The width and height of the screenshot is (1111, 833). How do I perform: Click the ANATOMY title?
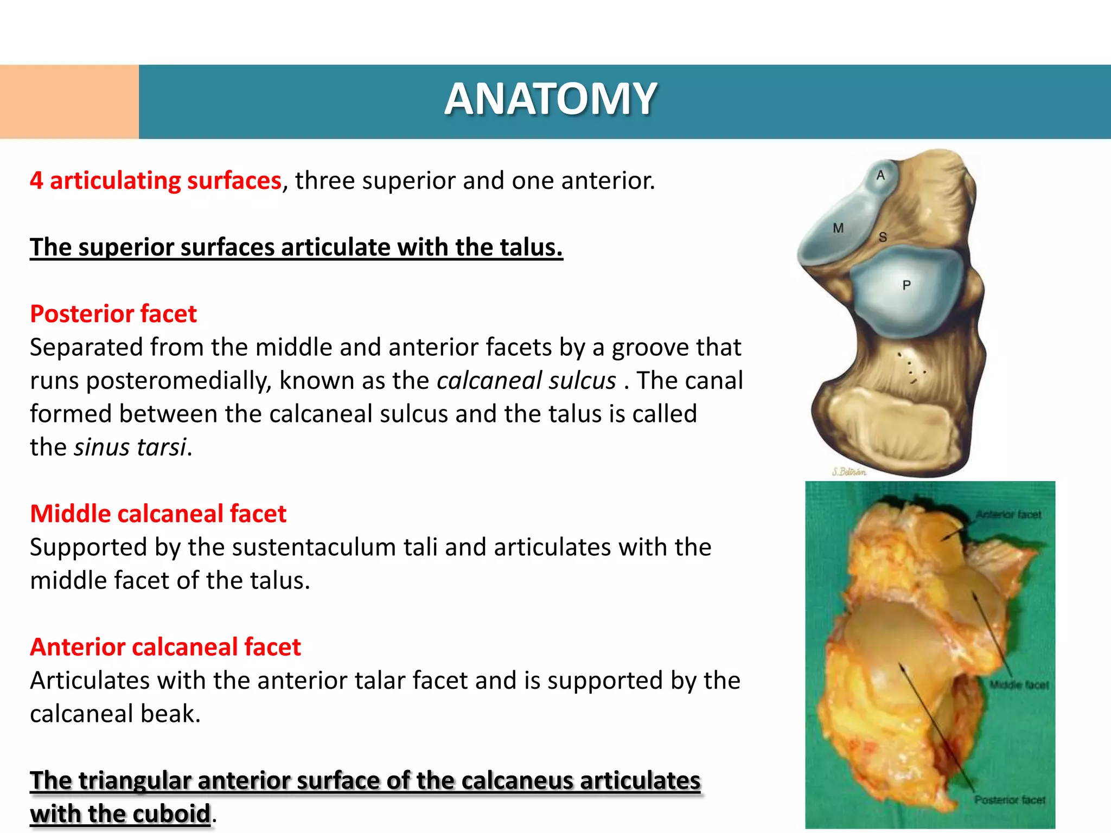click(551, 99)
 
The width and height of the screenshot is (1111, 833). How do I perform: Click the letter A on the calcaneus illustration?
click(880, 175)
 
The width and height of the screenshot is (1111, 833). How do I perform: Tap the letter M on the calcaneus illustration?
click(838, 228)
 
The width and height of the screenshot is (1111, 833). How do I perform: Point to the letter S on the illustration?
click(883, 237)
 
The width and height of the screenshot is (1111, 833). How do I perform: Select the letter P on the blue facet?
click(906, 285)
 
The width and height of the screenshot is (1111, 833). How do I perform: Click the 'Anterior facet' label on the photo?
click(1008, 514)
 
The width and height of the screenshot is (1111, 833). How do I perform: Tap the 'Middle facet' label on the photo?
click(1019, 685)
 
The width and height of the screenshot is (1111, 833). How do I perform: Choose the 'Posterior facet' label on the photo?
click(1010, 800)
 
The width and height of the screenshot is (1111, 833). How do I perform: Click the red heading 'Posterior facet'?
click(113, 314)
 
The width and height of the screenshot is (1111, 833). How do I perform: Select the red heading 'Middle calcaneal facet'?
click(158, 514)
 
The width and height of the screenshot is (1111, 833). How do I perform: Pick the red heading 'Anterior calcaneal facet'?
click(165, 647)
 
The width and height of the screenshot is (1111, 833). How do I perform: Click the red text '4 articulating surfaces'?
click(156, 181)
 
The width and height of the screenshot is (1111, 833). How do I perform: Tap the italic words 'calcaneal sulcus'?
click(526, 380)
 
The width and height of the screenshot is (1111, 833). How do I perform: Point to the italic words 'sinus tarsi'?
click(130, 447)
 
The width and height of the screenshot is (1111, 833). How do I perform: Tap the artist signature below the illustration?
click(849, 471)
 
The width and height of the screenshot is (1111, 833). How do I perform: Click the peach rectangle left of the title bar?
click(69, 101)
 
